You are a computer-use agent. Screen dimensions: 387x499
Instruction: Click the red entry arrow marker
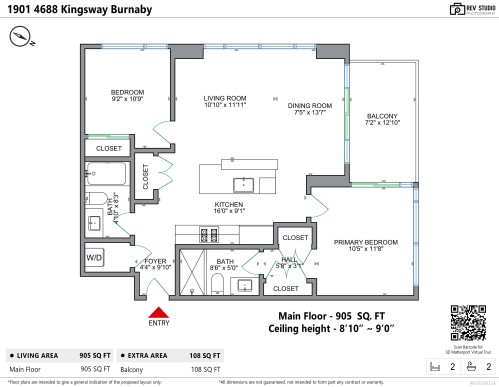[158, 309]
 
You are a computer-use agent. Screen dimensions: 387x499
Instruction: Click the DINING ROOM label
[309, 109]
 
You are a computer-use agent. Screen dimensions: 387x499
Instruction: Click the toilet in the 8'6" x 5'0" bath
[218, 284]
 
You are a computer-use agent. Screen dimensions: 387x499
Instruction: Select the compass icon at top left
[24, 36]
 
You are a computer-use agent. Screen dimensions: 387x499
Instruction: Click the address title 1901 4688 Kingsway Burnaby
[70, 11]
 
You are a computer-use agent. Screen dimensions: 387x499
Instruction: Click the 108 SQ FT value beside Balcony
[203, 368]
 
